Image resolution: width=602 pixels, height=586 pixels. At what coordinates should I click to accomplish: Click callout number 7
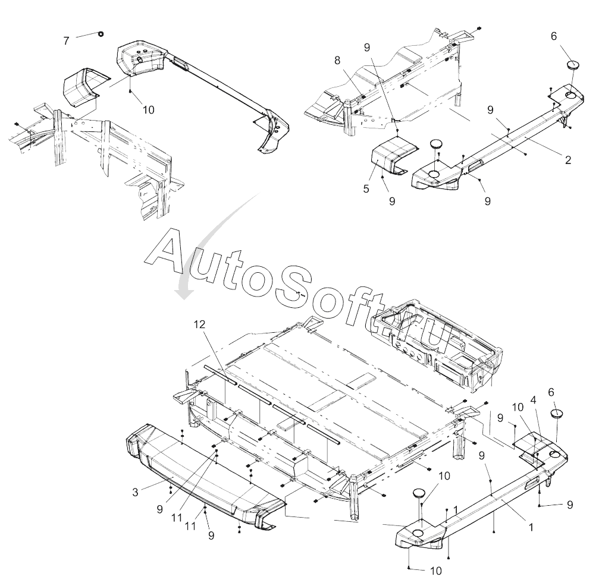66,40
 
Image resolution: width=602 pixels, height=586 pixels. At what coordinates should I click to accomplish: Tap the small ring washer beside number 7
100,33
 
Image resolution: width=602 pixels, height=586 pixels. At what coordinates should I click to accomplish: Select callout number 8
337,60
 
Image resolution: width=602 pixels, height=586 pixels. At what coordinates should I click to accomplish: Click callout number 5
366,189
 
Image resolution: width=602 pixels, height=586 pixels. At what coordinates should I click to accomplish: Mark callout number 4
534,400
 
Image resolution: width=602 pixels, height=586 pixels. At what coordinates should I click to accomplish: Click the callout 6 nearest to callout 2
554,36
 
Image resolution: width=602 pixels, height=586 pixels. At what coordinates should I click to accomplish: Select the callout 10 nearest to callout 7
148,110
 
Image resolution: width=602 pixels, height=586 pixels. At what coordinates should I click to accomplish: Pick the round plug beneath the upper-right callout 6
572,65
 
